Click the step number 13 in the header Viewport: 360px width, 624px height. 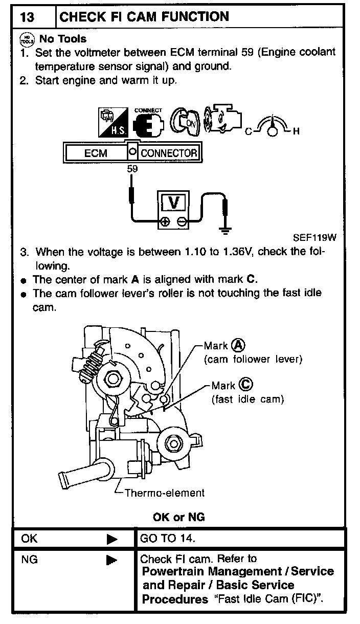pos(27,17)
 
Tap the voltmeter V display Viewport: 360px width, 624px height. pos(174,203)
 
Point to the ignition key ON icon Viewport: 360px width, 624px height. pos(184,122)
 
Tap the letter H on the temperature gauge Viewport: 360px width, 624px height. pos(295,131)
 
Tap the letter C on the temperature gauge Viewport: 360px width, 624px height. pos(249,132)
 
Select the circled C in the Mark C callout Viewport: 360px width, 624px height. pos(245,385)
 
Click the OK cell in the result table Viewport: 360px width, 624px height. pos(30,539)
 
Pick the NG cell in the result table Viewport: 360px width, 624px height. pos(30,560)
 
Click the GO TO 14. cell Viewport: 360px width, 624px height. pos(168,539)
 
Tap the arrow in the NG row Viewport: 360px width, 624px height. pos(112,560)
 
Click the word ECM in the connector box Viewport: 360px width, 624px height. pos(96,153)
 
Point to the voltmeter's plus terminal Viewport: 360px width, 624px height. pos(165,222)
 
